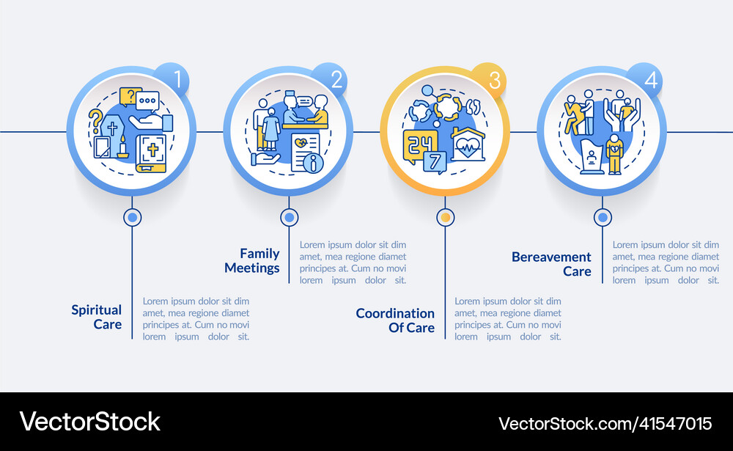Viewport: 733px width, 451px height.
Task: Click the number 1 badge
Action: [x=176, y=79]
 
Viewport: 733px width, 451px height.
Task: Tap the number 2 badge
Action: [x=334, y=79]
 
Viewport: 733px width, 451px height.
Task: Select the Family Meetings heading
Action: [x=251, y=260]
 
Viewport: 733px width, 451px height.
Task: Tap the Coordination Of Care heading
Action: [x=395, y=320]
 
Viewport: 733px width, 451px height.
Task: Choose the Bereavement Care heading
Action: [x=551, y=264]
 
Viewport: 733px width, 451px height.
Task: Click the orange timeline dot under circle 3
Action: [x=445, y=217]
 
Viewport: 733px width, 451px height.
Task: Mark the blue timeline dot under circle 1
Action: [x=132, y=217]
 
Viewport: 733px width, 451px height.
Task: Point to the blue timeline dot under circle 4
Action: [x=603, y=217]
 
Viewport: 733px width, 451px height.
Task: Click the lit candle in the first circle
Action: [x=122, y=149]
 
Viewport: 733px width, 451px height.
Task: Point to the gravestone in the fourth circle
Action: [x=592, y=158]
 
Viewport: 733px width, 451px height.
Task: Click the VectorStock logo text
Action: [x=90, y=422]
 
